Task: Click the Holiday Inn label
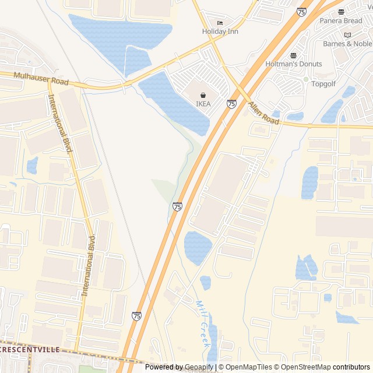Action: point(221,31)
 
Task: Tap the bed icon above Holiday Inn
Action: point(220,23)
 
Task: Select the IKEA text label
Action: point(203,104)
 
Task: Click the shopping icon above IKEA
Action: point(203,95)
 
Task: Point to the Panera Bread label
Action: point(341,21)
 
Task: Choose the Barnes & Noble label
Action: point(347,44)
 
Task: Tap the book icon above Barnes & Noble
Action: point(348,35)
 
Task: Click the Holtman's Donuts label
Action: point(293,64)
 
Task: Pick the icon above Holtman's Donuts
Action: point(293,55)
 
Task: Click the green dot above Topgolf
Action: point(305,79)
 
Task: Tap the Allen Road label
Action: point(264,113)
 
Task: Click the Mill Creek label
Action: point(203,323)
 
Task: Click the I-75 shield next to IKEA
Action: point(231,104)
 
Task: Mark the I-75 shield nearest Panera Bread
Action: point(301,12)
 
